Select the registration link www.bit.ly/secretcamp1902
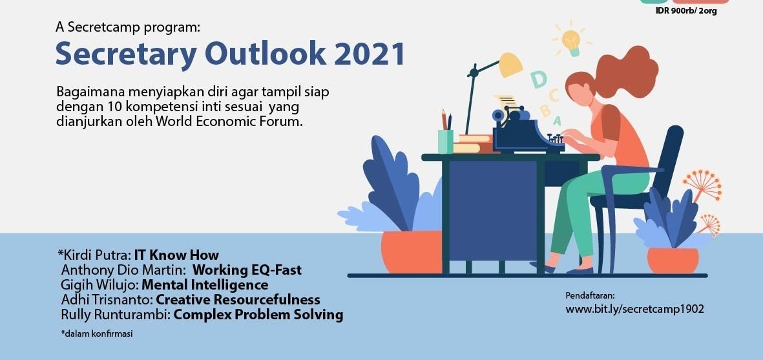(x=634, y=309)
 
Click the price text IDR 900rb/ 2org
(x=686, y=11)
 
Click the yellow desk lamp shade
(x=510, y=65)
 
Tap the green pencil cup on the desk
(x=445, y=141)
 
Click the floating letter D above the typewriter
(x=538, y=79)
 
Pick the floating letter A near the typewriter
(x=557, y=120)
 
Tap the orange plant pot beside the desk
(x=412, y=252)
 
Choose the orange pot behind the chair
(x=673, y=260)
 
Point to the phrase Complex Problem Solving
(x=258, y=315)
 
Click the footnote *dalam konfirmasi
(x=96, y=334)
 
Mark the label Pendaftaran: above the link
(x=591, y=295)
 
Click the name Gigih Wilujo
(x=99, y=284)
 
